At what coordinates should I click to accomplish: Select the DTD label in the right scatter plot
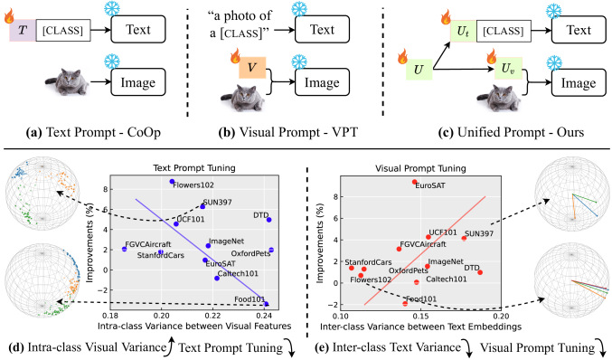pos(472,268)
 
